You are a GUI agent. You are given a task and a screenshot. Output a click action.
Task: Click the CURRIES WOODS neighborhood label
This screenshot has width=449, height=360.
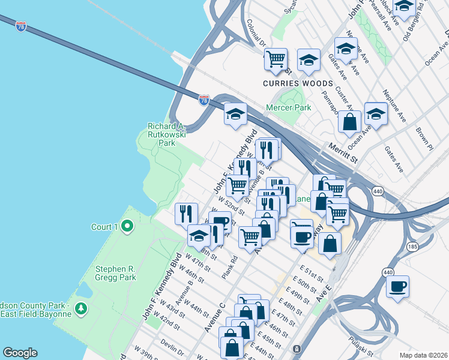(x=297, y=83)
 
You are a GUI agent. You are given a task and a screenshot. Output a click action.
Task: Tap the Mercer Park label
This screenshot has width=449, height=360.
(x=289, y=107)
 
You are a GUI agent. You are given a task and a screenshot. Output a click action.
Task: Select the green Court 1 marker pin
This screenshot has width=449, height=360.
(x=127, y=226)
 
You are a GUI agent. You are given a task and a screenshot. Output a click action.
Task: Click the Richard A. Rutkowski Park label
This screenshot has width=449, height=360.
(x=166, y=135)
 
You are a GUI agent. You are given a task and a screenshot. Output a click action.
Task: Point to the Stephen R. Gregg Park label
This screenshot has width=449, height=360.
(x=115, y=273)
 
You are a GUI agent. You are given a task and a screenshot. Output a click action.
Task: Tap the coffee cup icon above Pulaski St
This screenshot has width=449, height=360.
(x=397, y=286)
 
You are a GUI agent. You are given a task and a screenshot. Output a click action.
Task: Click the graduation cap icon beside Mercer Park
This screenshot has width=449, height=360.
(x=236, y=112)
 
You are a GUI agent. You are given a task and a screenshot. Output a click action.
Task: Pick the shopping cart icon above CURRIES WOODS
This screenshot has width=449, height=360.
(x=276, y=59)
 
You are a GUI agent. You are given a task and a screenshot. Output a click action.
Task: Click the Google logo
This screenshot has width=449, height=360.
(x=20, y=353)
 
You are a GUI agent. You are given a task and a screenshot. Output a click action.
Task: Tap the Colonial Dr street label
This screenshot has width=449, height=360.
(x=256, y=33)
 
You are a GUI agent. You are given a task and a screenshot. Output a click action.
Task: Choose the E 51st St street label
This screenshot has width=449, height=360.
(x=312, y=273)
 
